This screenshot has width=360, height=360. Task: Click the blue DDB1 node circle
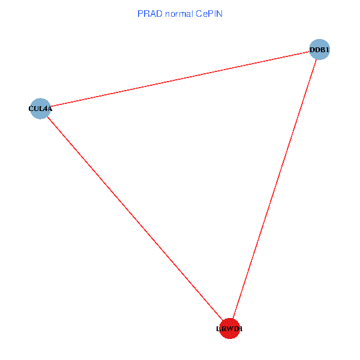point(320,50)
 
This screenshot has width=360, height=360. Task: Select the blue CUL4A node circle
point(40,109)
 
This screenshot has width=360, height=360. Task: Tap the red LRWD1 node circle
point(230,329)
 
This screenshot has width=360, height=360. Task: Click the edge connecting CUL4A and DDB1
point(180,79)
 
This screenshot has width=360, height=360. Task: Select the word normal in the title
point(179,13)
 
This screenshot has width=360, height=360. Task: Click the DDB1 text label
point(320,50)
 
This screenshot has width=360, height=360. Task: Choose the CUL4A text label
point(40,109)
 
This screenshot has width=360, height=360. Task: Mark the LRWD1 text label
point(230,329)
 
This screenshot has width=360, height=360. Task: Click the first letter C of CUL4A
point(31,109)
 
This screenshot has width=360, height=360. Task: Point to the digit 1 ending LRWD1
point(241,329)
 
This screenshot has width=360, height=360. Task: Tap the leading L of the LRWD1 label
point(218,329)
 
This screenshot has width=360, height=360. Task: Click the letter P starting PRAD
point(140,13)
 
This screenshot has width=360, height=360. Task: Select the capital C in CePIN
point(199,13)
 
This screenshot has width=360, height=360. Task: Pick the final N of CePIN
point(220,13)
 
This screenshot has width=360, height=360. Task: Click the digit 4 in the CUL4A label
point(44,109)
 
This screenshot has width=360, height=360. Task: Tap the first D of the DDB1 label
point(312,50)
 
